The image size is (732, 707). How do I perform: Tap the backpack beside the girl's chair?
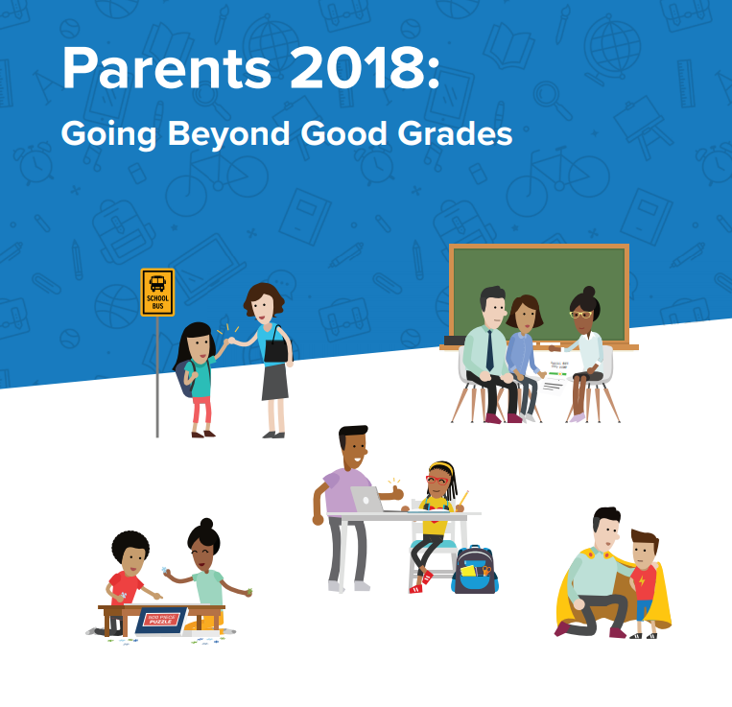pos(475,570)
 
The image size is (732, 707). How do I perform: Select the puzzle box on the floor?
pos(162,620)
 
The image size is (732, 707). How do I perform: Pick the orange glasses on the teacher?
pos(579,314)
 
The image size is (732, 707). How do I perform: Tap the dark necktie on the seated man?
pos(489,349)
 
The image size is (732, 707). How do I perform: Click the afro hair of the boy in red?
pos(130,549)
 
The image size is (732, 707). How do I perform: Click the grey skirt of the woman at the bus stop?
pos(274,381)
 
